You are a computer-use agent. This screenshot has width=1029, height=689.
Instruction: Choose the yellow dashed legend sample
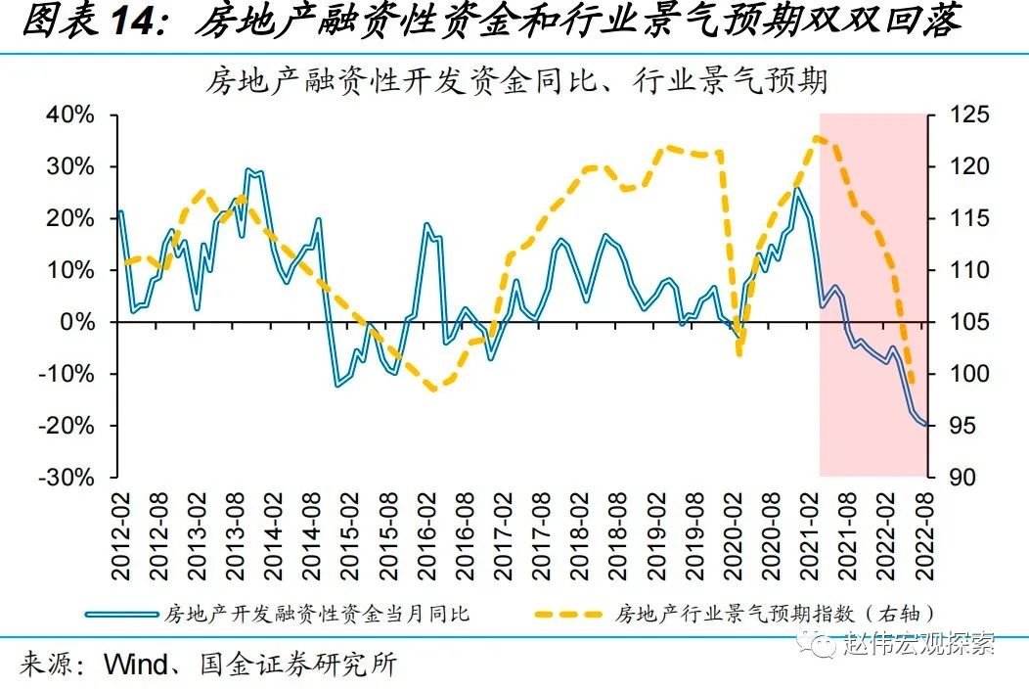coord(569,614)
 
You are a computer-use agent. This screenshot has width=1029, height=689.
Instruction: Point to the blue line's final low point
coord(924,425)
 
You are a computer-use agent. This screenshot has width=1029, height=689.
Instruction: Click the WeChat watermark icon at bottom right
coord(810,642)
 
